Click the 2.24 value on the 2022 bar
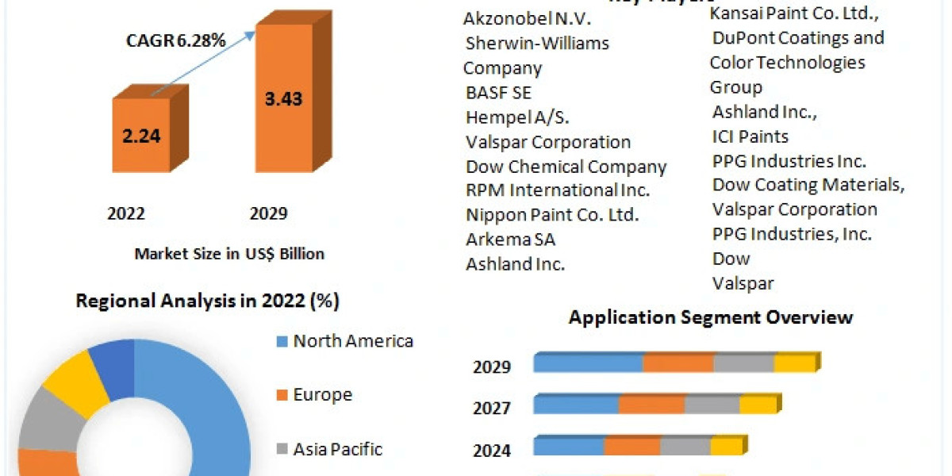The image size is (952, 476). (141, 135)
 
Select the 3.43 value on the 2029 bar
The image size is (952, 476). (282, 99)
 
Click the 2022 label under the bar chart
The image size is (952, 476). (126, 213)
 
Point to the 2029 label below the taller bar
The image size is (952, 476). (268, 213)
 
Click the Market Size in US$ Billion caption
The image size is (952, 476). (229, 254)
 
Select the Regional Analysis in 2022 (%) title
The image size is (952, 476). (207, 301)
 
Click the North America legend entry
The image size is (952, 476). (352, 341)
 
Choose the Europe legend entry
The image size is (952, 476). (321, 395)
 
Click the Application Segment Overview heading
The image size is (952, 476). (710, 317)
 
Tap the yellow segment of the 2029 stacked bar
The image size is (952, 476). (794, 363)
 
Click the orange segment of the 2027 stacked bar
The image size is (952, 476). (651, 405)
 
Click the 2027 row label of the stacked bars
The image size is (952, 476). (492, 408)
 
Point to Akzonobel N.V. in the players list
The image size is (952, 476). (528, 17)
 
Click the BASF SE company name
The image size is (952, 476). (498, 92)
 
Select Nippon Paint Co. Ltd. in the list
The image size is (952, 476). (552, 214)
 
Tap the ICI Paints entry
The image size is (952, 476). (750, 136)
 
